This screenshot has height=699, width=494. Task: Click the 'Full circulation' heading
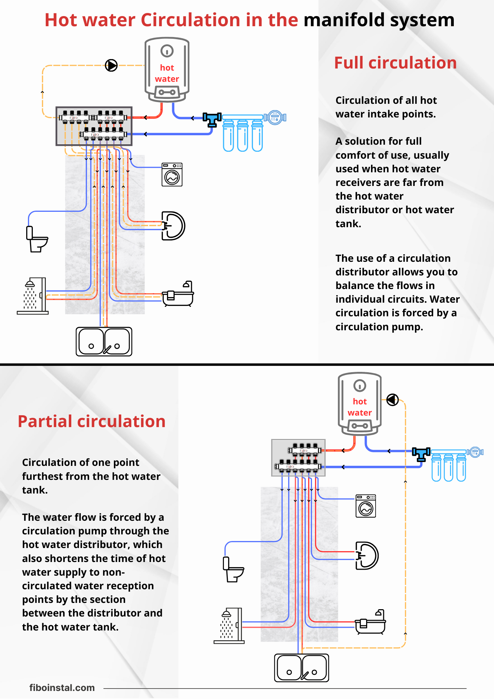[395, 63]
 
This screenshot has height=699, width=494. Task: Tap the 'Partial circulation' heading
[92, 421]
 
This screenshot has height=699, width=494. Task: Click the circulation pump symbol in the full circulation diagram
[111, 65]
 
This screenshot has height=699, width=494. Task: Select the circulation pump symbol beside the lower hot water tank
[392, 399]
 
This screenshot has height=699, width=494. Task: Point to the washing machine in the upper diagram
[172, 174]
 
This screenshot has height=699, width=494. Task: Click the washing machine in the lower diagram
[365, 506]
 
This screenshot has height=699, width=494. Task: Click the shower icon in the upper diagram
[33, 296]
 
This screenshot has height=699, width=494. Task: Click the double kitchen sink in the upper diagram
[104, 341]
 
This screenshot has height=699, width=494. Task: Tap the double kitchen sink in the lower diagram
[302, 668]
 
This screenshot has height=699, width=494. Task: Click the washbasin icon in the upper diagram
[173, 226]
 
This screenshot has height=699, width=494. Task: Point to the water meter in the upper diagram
[275, 117]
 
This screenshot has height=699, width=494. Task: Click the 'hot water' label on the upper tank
[167, 73]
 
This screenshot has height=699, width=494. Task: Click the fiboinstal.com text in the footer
[62, 688]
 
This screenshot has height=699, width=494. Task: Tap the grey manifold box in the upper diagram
[94, 126]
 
